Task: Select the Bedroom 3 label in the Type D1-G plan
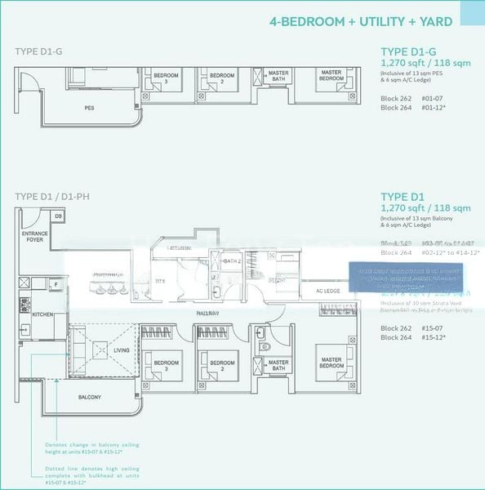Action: tap(160, 78)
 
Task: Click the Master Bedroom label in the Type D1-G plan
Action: tap(331, 76)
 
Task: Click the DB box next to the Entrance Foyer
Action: tap(58, 216)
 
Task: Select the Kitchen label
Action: tap(42, 314)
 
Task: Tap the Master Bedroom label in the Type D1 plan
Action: tap(331, 362)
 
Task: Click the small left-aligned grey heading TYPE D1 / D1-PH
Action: tap(49, 197)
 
